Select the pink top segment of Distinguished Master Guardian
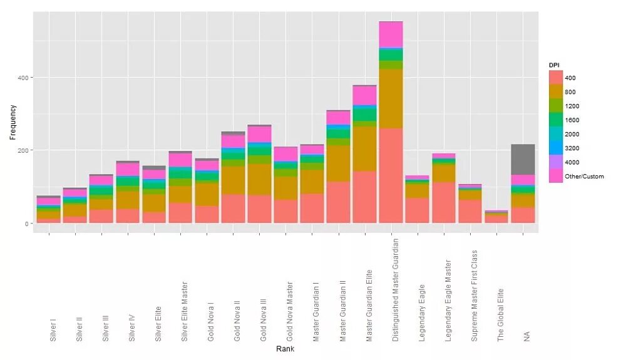coord(391,34)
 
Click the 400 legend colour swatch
coord(555,78)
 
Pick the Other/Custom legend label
coord(584,177)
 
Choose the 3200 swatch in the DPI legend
coord(555,148)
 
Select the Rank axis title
coord(285,349)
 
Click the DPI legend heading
coord(554,65)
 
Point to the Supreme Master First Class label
coord(475,296)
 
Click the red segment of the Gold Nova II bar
coord(233,208)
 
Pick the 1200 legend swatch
coord(555,106)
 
